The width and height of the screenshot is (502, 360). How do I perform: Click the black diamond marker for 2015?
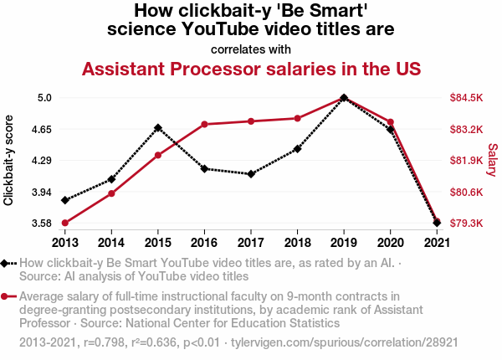point(158,128)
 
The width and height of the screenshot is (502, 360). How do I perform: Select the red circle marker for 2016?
point(205,124)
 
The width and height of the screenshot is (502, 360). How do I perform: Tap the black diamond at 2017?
point(251,174)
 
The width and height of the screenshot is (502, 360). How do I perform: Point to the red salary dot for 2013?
point(65,223)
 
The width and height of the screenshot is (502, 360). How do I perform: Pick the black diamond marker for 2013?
point(65,200)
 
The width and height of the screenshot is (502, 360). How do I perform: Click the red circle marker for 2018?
point(297,119)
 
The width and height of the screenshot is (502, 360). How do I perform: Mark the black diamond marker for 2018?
point(297,149)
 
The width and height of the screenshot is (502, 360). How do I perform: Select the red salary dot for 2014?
point(111,193)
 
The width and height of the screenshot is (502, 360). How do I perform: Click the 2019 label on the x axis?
point(344,243)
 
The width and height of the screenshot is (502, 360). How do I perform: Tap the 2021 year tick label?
point(437,243)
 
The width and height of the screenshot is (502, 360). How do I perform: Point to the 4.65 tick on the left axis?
point(42,130)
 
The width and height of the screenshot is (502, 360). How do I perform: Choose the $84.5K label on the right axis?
point(466,97)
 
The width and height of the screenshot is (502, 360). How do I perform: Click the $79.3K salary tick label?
point(466,223)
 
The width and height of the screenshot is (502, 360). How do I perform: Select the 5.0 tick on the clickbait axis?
point(44,97)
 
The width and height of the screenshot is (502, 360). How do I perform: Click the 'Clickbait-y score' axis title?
point(8,160)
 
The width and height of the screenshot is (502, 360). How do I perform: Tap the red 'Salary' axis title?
point(492,160)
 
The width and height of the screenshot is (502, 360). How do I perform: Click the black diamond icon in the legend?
point(4,263)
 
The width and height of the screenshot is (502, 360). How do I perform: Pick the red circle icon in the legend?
point(4,296)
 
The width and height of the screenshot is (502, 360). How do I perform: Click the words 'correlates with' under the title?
point(251,49)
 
